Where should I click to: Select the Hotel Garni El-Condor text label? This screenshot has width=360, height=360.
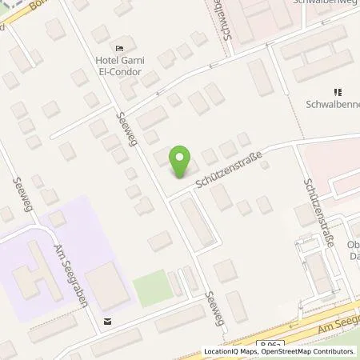[119, 66]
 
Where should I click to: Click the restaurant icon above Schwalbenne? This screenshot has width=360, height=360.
[337, 92]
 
